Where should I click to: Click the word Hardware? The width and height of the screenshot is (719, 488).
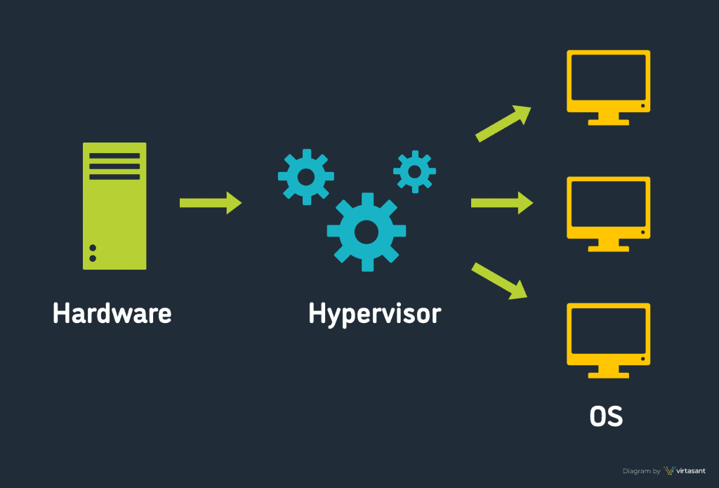point(112,313)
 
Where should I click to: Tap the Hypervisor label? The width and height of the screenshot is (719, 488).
point(374,314)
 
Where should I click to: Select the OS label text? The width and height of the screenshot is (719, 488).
point(606,416)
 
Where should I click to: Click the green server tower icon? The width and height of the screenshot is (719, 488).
point(114,206)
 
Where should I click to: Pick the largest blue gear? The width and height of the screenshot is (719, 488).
point(366,231)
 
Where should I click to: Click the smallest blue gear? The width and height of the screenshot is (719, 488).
point(414,171)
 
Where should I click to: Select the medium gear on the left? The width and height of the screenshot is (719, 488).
point(306,176)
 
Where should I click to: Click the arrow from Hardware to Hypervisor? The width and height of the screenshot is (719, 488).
point(211,203)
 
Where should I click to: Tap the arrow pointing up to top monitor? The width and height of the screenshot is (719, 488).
point(503,124)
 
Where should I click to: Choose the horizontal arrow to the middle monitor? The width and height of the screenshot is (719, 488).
point(501,203)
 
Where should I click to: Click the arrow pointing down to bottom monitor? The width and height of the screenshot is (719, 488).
point(500,280)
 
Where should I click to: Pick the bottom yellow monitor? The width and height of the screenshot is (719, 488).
point(609,335)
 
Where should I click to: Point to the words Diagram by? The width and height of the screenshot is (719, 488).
point(641,471)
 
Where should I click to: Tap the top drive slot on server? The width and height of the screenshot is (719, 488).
point(114,155)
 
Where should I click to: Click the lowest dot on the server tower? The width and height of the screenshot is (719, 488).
point(93,258)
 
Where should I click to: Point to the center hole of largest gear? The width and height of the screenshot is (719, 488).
point(366,231)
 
